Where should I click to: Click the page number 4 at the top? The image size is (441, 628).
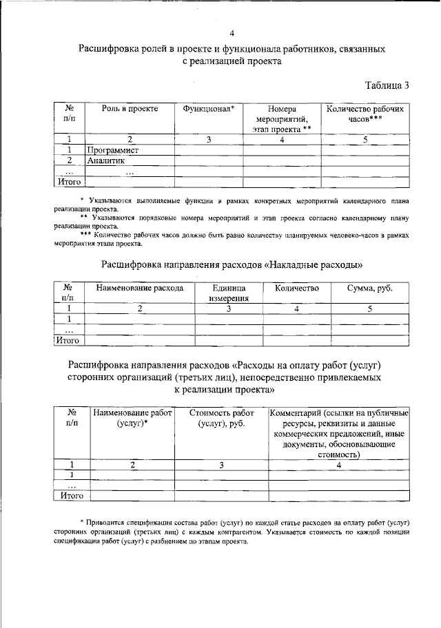click(x=232, y=33)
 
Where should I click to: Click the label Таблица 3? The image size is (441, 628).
click(x=387, y=85)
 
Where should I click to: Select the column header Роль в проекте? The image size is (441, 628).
click(x=130, y=109)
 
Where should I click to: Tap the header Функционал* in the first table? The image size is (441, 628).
click(x=208, y=109)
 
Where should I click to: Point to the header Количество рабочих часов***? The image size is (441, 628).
click(x=365, y=114)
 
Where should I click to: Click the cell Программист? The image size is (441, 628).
click(x=113, y=149)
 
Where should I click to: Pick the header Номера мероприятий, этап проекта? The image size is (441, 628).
click(x=282, y=118)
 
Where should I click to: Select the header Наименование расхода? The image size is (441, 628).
click(x=139, y=288)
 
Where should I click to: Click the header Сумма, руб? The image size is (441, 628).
click(x=370, y=288)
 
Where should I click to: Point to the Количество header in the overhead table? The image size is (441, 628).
click(x=296, y=288)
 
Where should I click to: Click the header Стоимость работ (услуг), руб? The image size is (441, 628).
click(x=221, y=418)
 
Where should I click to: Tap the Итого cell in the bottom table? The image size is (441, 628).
click(x=72, y=494)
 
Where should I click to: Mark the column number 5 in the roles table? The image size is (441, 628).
click(x=365, y=139)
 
